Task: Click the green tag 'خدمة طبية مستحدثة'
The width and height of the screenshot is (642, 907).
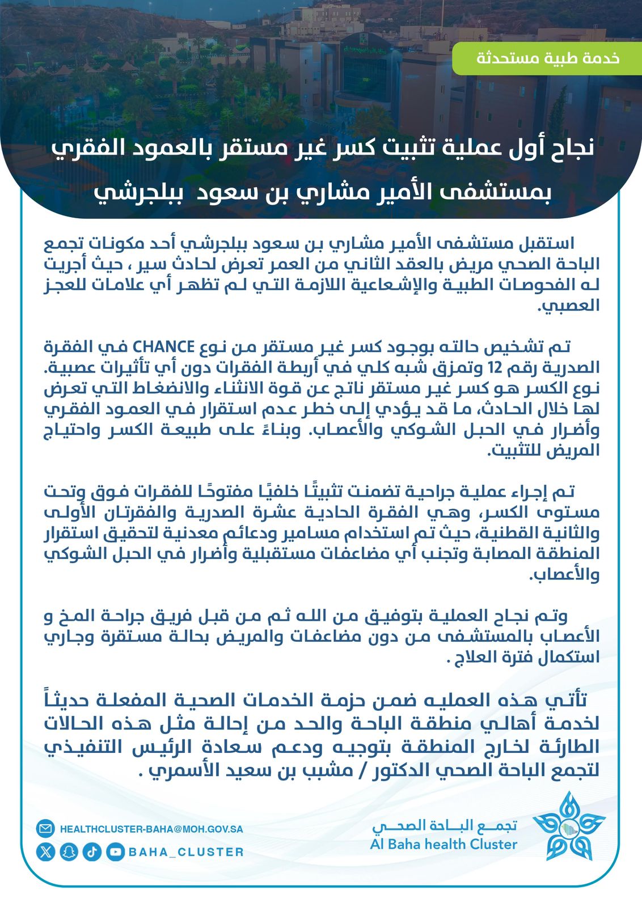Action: click(547, 58)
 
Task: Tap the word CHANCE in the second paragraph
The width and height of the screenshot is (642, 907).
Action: click(164, 346)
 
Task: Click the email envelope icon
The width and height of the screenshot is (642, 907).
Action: click(45, 829)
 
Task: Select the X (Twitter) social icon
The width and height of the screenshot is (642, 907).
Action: click(45, 851)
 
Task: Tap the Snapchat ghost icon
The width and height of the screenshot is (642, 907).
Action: click(69, 851)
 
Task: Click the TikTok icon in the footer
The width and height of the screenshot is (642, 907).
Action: click(92, 851)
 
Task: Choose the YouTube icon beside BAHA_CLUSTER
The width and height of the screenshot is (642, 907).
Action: click(115, 851)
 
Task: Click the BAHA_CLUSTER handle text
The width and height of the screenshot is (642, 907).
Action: click(186, 852)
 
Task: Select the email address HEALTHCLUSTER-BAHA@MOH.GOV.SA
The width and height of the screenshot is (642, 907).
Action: click(151, 829)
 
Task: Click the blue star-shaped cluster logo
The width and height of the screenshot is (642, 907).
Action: click(569, 827)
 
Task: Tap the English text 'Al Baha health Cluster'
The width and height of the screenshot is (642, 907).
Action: click(444, 844)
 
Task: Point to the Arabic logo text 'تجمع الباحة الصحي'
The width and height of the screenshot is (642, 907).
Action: click(445, 825)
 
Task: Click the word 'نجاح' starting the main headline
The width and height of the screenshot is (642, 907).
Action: click(564, 149)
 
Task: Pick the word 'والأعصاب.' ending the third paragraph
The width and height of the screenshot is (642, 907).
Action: click(564, 575)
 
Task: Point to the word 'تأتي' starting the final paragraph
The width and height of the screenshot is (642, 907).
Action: click(573, 700)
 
